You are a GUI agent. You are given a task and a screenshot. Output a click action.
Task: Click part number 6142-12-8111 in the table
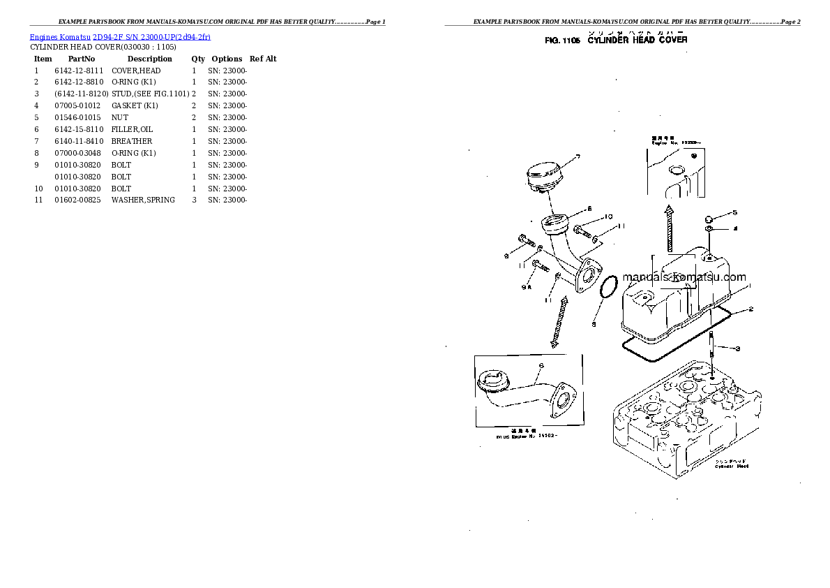(78, 71)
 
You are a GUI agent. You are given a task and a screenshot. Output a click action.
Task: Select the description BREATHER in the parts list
(132, 141)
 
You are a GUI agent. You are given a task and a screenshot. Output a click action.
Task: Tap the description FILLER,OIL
(132, 129)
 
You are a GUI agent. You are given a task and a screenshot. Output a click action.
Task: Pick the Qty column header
(198, 59)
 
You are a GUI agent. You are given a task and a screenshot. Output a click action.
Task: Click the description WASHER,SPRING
(143, 200)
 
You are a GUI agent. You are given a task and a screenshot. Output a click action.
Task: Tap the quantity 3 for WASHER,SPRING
(194, 200)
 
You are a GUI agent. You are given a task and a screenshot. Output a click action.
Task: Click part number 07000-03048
(78, 153)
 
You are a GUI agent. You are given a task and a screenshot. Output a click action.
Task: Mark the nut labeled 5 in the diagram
(708, 216)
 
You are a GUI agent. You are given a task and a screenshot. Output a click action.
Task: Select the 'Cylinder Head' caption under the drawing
(731, 464)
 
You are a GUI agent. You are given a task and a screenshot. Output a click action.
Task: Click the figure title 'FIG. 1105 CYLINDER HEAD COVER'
(616, 41)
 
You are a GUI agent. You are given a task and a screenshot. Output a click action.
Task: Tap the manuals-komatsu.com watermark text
(684, 277)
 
